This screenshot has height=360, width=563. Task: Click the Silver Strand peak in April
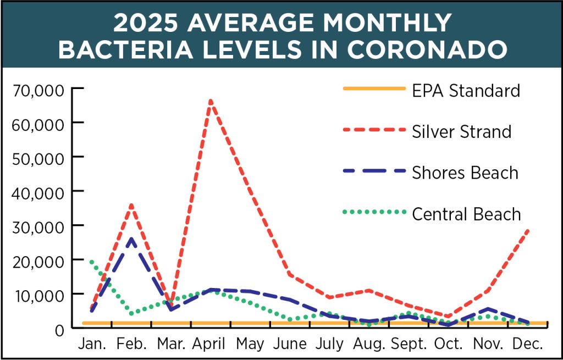click(x=211, y=101)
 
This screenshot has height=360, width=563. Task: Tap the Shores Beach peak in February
click(x=130, y=239)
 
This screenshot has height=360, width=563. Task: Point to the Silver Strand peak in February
click(x=131, y=205)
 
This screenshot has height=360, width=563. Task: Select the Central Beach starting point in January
click(x=91, y=262)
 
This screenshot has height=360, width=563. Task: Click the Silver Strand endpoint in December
click(x=528, y=230)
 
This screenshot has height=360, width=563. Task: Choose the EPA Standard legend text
click(x=466, y=90)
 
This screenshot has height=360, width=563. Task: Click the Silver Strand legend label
click(x=462, y=132)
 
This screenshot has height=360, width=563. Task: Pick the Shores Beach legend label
click(x=465, y=173)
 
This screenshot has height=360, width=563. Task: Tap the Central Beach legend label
click(x=466, y=213)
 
